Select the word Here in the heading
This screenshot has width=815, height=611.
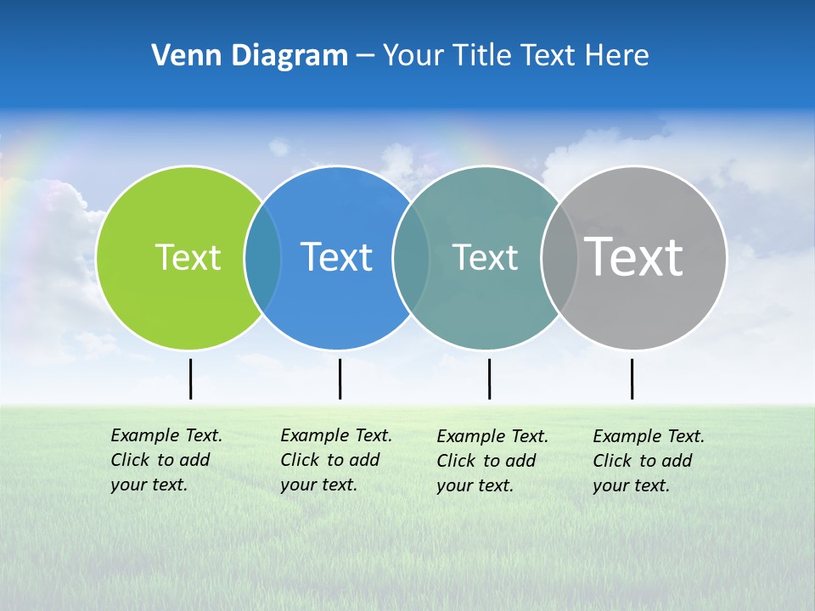[x=617, y=56]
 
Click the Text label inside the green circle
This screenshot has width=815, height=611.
[x=188, y=257]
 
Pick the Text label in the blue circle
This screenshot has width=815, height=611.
[x=336, y=257]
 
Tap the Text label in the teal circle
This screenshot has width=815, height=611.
[x=485, y=257]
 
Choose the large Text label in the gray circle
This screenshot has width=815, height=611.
[x=633, y=256]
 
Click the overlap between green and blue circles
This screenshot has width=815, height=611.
[x=262, y=258]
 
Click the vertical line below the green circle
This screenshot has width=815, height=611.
[x=190, y=378]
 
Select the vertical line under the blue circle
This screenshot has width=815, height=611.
[x=340, y=378]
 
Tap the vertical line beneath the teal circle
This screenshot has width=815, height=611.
[x=489, y=378]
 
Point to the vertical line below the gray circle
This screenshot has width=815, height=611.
[x=632, y=378]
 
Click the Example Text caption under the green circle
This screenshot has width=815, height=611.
[x=166, y=460]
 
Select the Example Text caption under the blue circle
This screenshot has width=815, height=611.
[x=335, y=460]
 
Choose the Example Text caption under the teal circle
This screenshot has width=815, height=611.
[x=492, y=461]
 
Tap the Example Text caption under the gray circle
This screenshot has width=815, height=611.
[x=648, y=461]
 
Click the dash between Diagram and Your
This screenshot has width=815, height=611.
[x=365, y=57]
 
